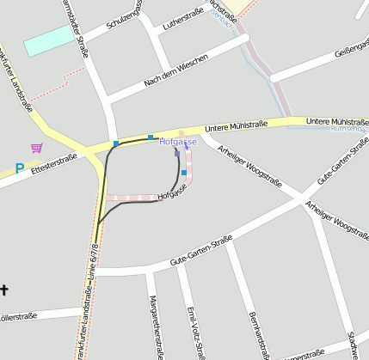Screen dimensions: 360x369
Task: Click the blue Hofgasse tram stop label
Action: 178,142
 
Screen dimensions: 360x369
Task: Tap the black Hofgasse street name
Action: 172,197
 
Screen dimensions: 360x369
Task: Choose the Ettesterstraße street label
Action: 54,163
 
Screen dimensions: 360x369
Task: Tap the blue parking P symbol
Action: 19,170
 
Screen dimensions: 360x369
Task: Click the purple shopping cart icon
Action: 36,148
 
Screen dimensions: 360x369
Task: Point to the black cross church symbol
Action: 3,290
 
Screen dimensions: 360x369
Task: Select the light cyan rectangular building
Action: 49,40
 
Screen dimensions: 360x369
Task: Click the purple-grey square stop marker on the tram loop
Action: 177,153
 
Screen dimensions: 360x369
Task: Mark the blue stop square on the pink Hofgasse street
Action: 184,173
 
